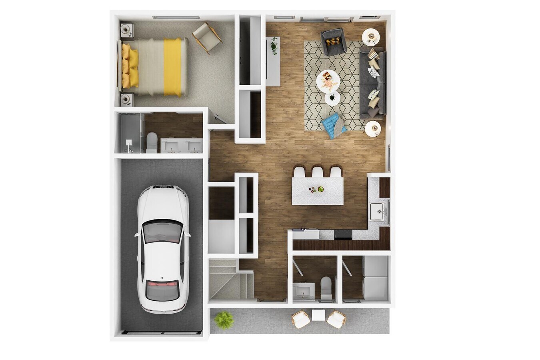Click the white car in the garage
click(162, 248)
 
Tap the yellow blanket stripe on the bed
click(172, 67)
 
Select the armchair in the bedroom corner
click(207, 37)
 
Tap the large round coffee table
click(328, 81)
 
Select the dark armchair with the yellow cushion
click(334, 41)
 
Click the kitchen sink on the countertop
click(376, 211)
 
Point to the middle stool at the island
click(318, 172)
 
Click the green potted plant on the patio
click(224, 320)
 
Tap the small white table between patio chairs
click(319, 315)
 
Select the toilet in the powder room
click(326, 287)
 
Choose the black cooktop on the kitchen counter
click(343, 234)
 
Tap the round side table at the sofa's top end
click(371, 37)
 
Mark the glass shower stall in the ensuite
click(129, 133)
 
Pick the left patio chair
click(301, 320)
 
